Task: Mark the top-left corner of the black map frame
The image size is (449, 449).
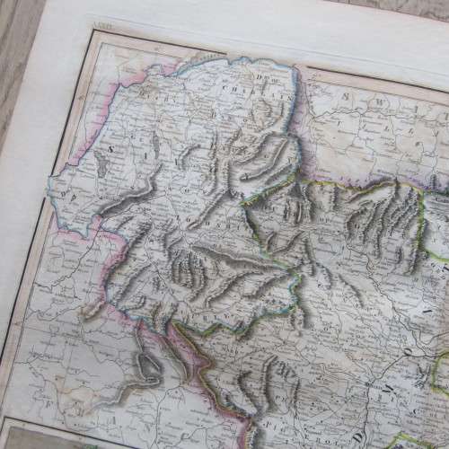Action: pyautogui.click(x=91, y=37)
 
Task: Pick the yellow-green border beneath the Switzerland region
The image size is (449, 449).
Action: pyautogui.click(x=359, y=185)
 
